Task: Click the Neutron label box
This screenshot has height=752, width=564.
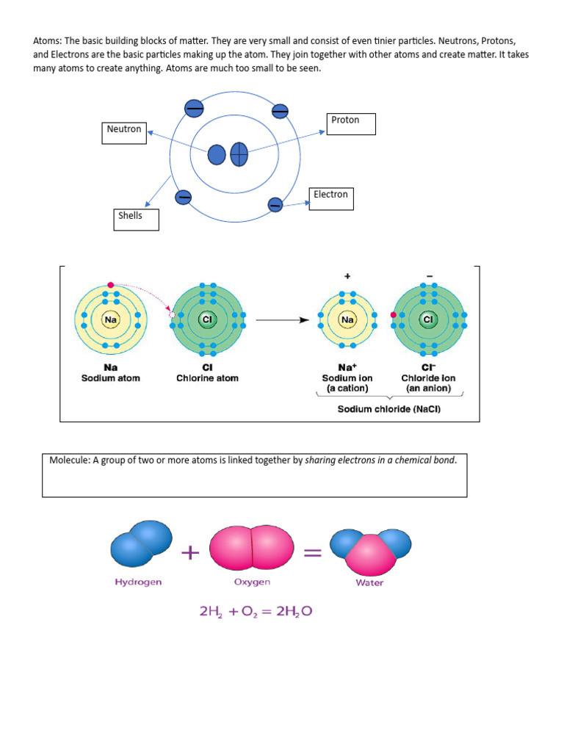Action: coord(123,134)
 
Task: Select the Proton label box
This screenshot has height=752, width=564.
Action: coord(350,124)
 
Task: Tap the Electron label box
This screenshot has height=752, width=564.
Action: coord(330,198)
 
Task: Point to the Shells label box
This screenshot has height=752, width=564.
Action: coord(136,220)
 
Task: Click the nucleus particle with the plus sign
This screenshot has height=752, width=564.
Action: coord(239,155)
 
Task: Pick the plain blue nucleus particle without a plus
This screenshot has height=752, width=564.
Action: coord(217,155)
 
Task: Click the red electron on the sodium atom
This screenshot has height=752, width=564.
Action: coord(110,285)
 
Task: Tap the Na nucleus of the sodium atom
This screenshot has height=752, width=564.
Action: coord(111,320)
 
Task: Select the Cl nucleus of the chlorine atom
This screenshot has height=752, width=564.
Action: coord(207,320)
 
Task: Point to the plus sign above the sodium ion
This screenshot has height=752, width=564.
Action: coord(347,276)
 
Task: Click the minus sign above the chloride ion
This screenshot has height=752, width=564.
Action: coord(429,276)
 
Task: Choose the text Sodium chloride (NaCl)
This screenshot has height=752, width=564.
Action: coord(388,409)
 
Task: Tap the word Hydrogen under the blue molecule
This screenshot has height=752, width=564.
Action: coord(138,582)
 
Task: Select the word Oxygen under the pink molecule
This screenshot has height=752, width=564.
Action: coord(252,582)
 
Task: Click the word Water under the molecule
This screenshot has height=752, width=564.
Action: coord(369,583)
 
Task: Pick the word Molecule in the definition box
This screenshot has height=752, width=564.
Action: coord(69,460)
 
